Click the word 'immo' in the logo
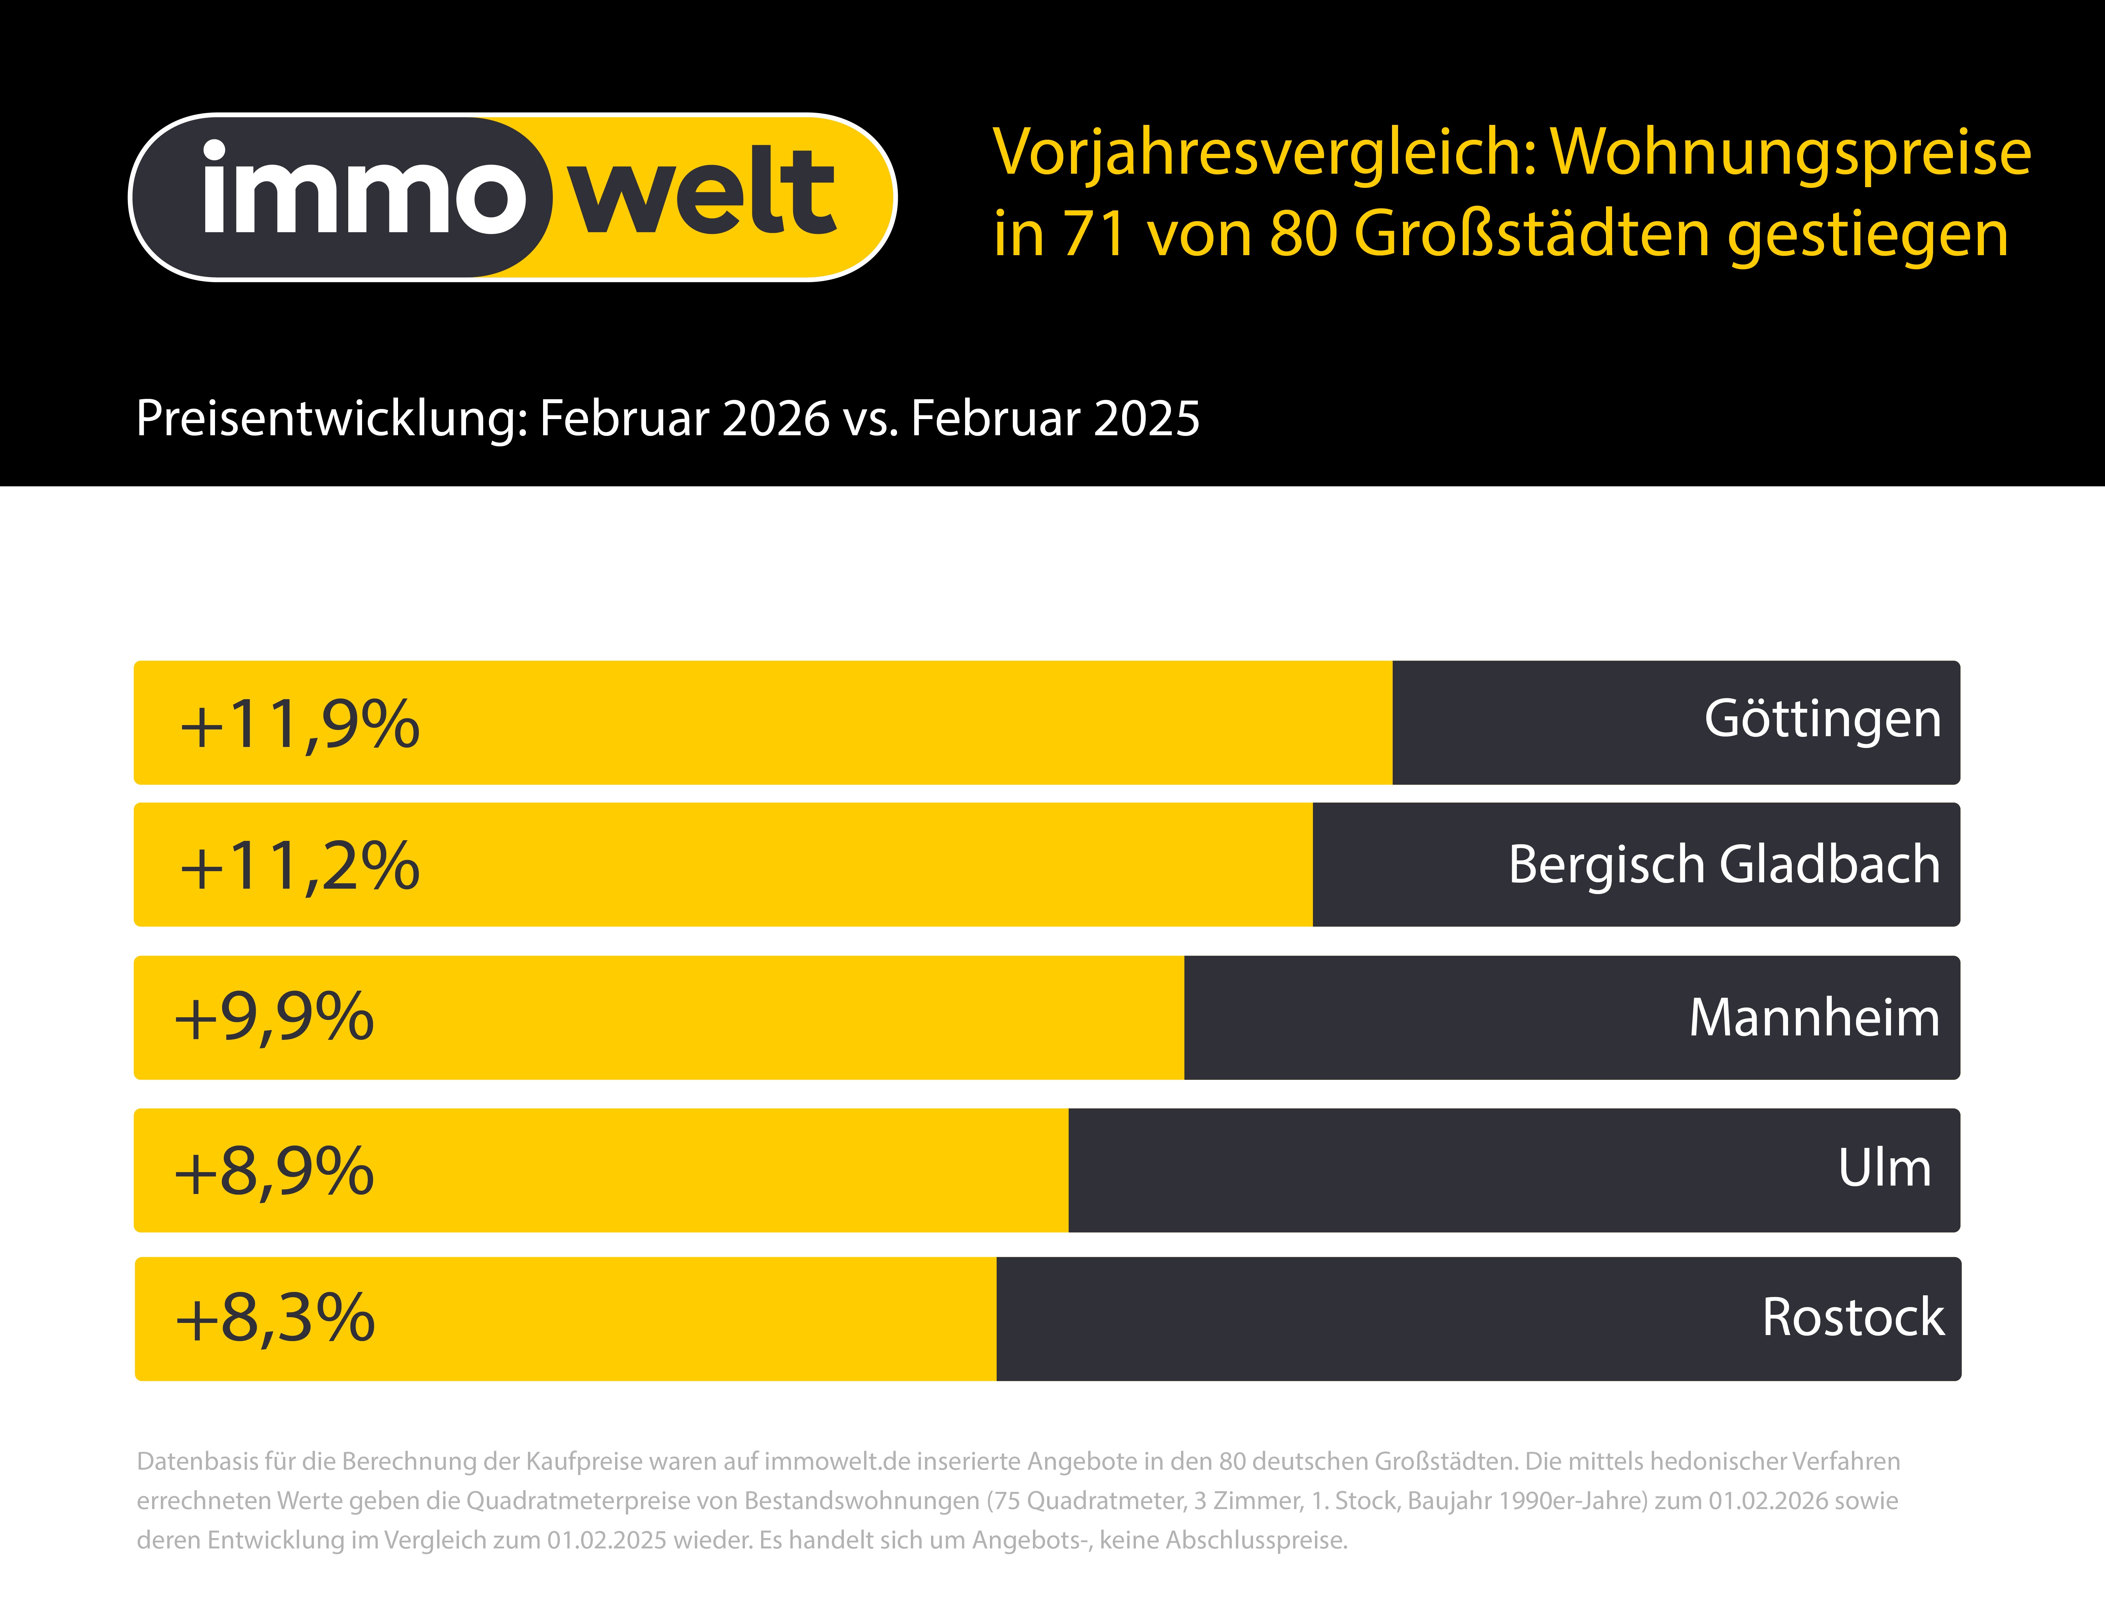click(363, 191)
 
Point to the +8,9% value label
click(274, 1171)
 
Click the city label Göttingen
click(1822, 719)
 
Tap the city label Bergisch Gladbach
click(1724, 864)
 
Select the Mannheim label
click(1814, 1018)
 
